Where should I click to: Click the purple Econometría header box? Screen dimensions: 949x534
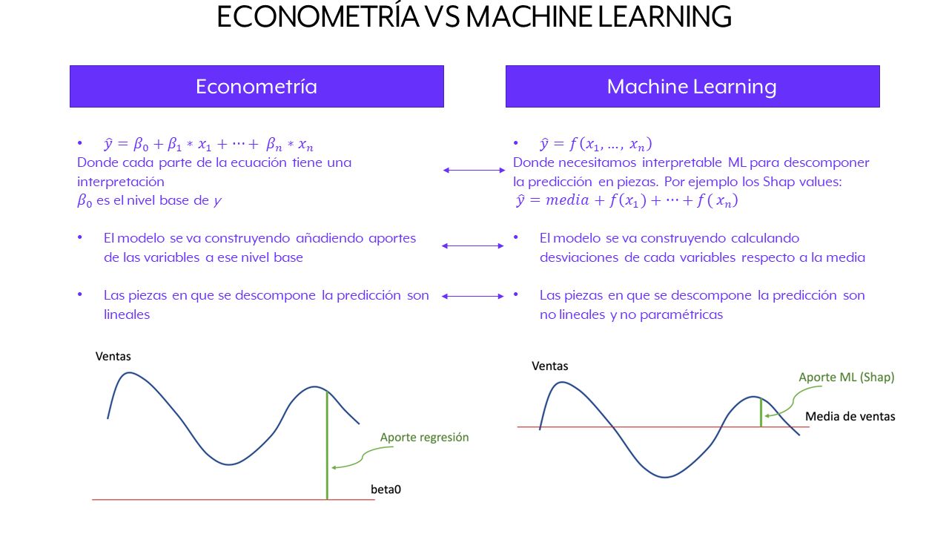click(257, 87)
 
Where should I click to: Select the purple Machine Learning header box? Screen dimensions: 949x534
click(692, 87)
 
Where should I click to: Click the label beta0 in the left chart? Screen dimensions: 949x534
click(386, 489)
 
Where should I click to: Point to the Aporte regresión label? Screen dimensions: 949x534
click(425, 438)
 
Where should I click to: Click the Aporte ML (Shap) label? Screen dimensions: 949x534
click(847, 378)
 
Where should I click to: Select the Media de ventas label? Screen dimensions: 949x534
click(850, 416)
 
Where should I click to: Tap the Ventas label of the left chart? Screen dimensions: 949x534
click(113, 357)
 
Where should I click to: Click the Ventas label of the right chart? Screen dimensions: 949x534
click(550, 366)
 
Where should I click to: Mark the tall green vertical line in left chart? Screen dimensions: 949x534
click(327, 445)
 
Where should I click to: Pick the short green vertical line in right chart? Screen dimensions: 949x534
click(761, 412)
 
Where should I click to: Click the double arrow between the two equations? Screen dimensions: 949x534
click(474, 171)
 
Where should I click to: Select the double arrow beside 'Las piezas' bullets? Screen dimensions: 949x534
click(473, 296)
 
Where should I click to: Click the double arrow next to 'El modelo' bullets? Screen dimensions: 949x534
click(473, 245)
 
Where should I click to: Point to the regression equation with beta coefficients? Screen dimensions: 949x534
click(208, 145)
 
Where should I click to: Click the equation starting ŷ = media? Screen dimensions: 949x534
click(626, 200)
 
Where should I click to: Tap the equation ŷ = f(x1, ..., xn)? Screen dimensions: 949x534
click(595, 144)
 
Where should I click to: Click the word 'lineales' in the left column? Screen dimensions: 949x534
click(127, 314)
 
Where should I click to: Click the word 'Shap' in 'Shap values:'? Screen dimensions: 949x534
click(778, 182)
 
